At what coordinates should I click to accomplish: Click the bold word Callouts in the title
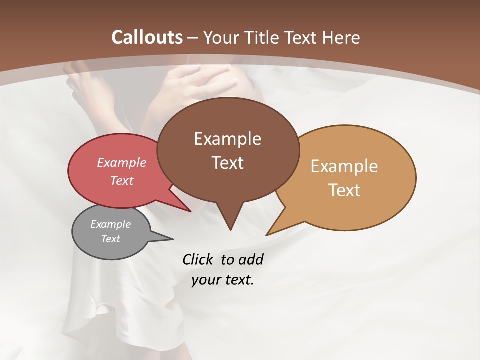tap(147, 37)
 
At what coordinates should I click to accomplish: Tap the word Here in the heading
tap(342, 37)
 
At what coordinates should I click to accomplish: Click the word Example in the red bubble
tap(122, 162)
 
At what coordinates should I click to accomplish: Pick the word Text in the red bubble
tap(122, 180)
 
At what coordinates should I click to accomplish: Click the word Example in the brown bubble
tap(227, 139)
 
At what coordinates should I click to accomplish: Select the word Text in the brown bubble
tap(228, 163)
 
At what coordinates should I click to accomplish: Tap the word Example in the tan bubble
tap(344, 166)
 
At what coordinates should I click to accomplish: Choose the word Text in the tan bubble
tap(345, 190)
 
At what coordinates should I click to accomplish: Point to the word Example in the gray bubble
tap(111, 224)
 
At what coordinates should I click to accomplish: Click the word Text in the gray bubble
tap(111, 239)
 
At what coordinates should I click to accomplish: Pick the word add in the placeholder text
tap(250, 259)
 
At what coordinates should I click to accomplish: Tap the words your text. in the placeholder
tap(223, 280)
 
